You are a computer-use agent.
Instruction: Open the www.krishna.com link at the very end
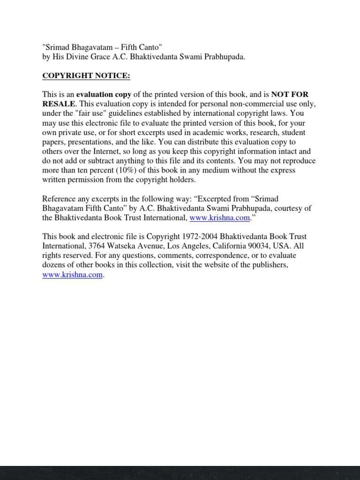(72, 275)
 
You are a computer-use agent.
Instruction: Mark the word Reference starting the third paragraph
(58, 199)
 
